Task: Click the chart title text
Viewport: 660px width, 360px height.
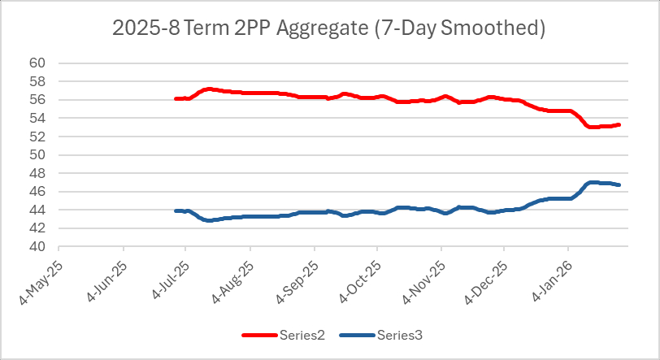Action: point(328,28)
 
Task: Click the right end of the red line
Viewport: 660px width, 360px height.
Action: point(619,124)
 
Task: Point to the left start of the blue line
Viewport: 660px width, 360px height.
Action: point(176,210)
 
